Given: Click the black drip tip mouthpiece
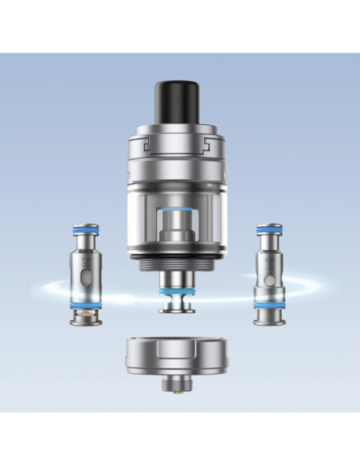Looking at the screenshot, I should (179, 104).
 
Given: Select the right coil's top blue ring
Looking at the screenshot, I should (266, 231).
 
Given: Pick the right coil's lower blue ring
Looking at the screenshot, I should (266, 303).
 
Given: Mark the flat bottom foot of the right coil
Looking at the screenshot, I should (266, 320).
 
